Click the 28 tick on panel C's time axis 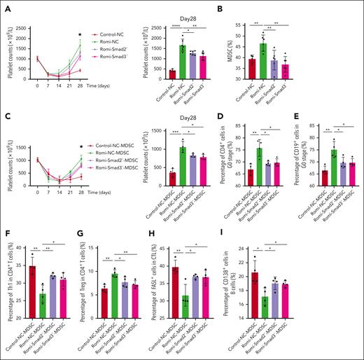(100, 197)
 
